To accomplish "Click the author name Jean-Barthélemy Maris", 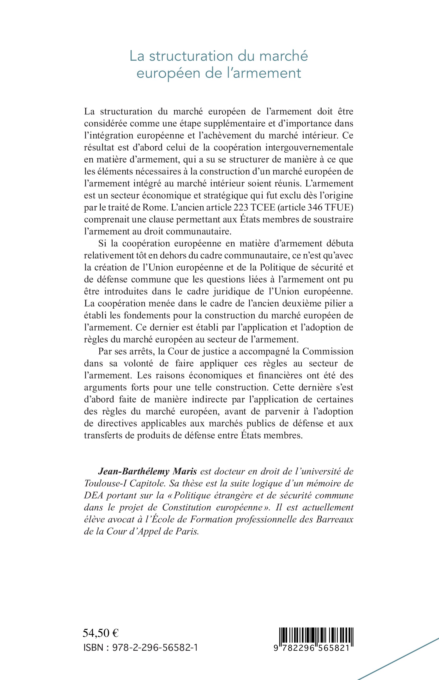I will (x=147, y=471).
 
